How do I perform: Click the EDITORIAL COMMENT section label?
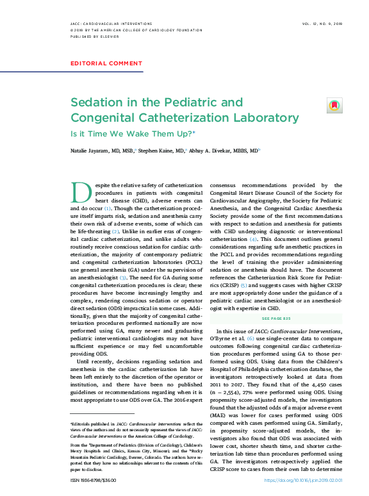[106, 63]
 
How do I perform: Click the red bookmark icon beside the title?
[333, 105]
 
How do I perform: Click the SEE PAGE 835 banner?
[276, 318]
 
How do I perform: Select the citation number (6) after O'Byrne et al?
[250, 337]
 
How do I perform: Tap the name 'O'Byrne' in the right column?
[221, 337]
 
